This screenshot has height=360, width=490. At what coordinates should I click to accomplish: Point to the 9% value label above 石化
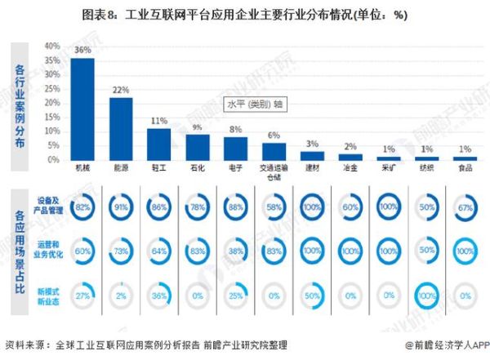point(197,127)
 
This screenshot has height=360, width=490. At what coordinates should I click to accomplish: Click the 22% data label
point(121,90)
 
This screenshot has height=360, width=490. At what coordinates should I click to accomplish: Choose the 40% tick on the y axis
point(52,46)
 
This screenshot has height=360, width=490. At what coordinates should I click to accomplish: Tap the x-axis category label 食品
point(465,169)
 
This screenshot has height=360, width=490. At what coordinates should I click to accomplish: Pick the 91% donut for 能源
point(121,208)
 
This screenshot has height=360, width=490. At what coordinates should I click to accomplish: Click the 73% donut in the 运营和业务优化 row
point(121,252)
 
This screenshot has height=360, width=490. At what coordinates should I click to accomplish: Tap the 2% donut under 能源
point(121,295)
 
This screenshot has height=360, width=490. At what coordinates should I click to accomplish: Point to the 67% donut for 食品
point(465,208)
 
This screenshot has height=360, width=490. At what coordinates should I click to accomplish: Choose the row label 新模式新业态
point(47,295)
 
